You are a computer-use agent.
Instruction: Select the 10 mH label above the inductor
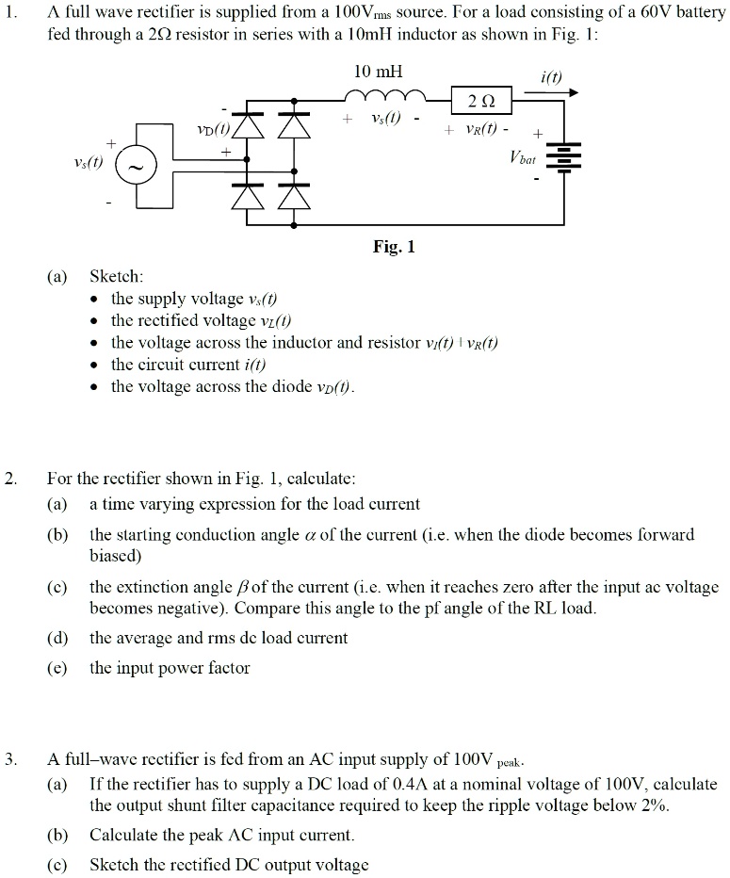point(377,72)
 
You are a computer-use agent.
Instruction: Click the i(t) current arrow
point(564,92)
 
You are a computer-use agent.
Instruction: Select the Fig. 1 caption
point(394,248)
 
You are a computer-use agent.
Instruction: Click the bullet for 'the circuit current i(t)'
point(97,365)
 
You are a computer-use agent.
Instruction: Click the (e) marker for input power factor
point(57,668)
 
